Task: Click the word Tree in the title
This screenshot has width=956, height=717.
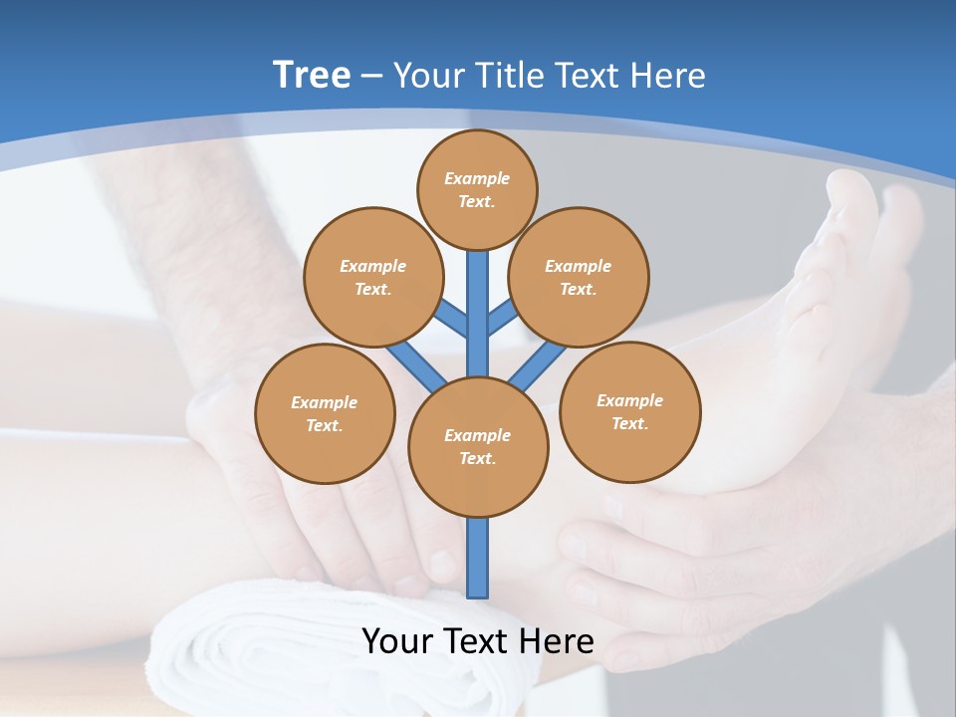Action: (312, 75)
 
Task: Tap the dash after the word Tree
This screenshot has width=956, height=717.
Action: (372, 77)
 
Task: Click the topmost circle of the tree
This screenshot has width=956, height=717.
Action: (477, 189)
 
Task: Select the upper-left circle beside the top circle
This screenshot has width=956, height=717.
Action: (372, 277)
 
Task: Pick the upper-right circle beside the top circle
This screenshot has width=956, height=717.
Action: (579, 277)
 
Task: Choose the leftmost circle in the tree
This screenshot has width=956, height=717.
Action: (325, 413)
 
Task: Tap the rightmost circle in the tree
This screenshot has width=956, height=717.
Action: (630, 411)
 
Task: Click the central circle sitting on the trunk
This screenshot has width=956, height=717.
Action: (478, 446)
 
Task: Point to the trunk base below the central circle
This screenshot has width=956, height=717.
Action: (478, 558)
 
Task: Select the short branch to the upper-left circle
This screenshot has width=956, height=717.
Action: (453, 319)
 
